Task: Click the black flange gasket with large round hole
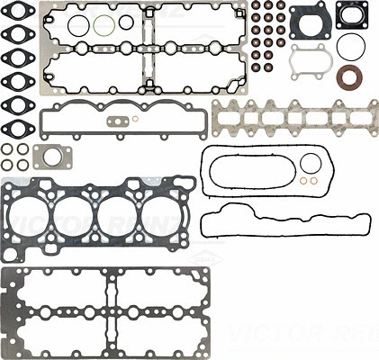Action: pos(309,21)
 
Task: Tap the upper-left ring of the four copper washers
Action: pos(7,148)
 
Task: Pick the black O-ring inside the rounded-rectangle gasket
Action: pos(311,163)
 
